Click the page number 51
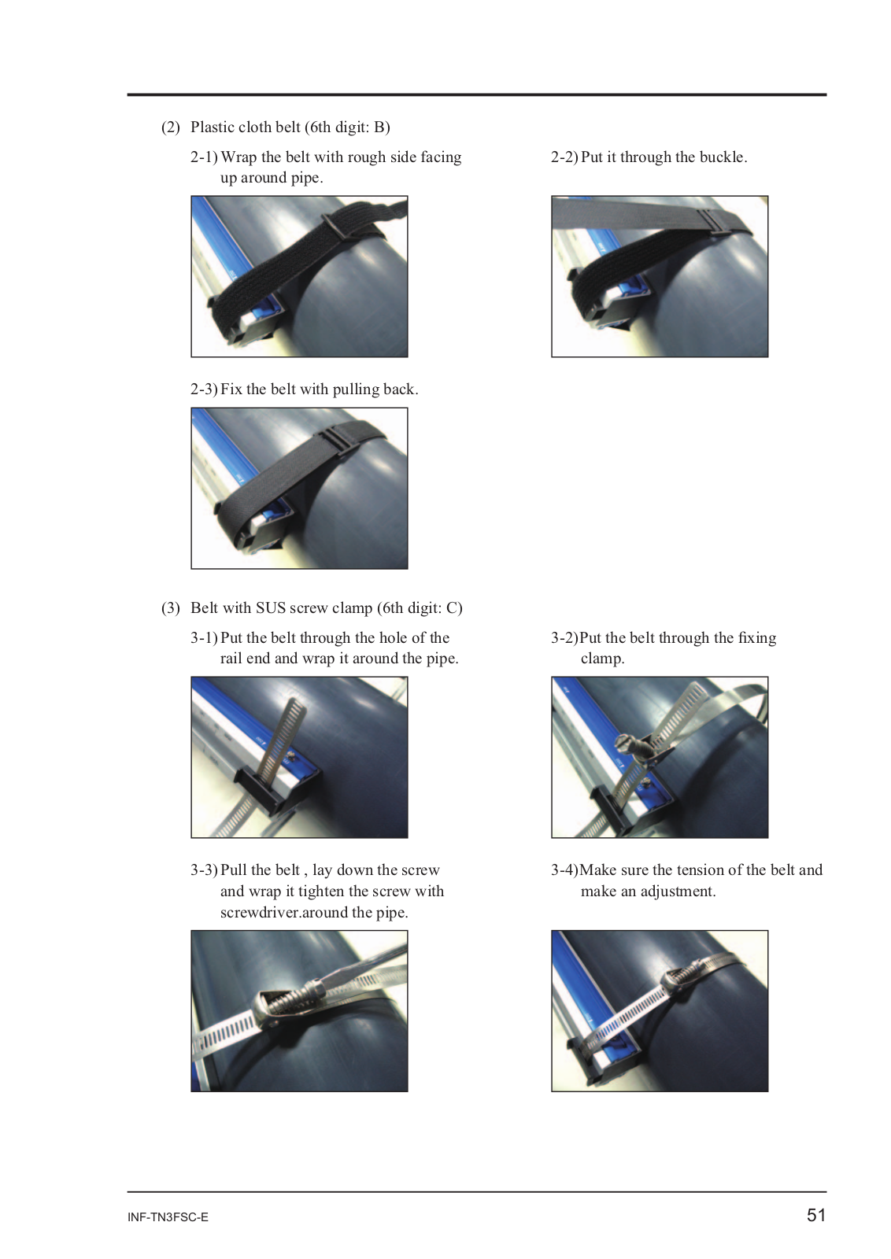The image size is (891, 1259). coord(815,1215)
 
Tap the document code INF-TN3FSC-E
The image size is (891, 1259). coord(168,1217)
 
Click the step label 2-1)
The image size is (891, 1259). coord(204,157)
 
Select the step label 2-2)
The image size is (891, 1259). coord(564,157)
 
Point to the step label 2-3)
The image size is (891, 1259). coord(204,389)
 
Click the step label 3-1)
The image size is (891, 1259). coord(204,638)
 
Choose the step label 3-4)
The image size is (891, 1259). coord(564,870)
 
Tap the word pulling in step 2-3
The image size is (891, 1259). coord(356,390)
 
